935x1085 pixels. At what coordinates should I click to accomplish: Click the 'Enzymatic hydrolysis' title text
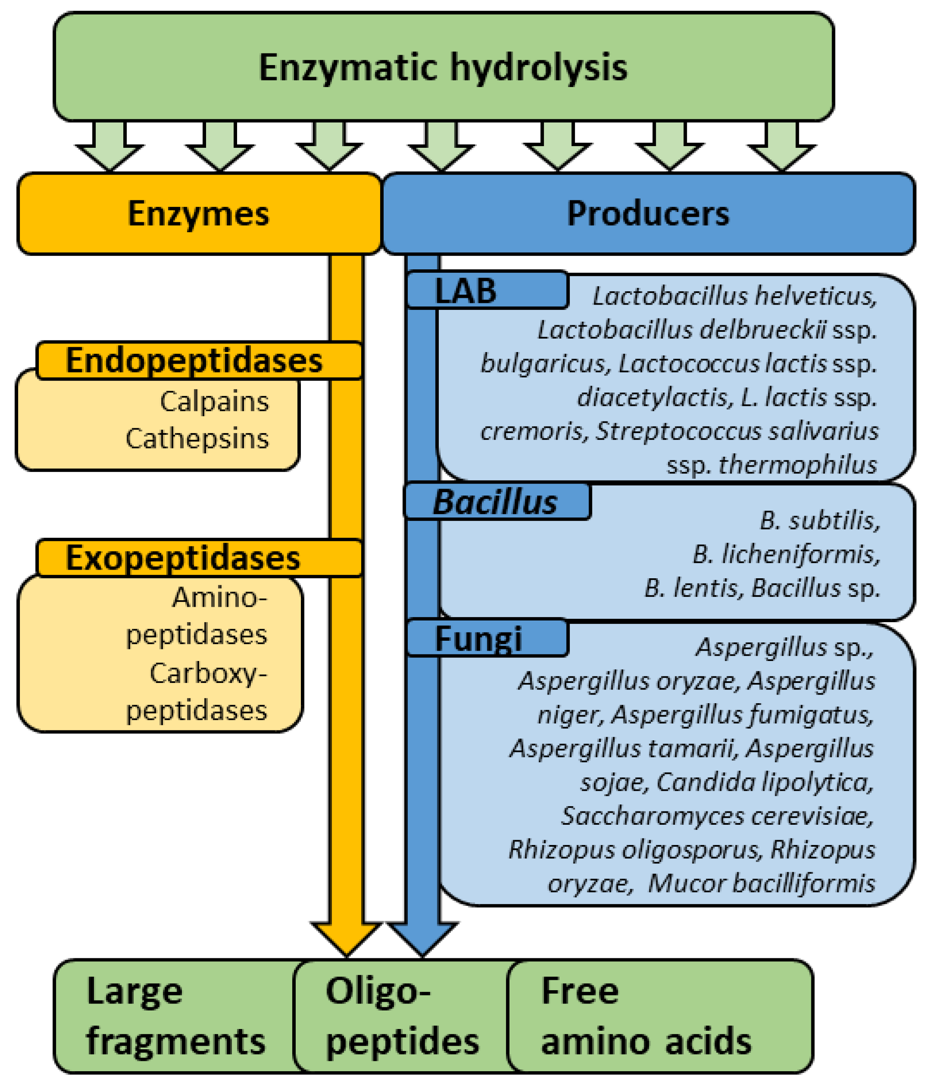443,68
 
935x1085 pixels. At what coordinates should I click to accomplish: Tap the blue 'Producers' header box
648,214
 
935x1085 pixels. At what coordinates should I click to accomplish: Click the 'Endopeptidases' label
194,360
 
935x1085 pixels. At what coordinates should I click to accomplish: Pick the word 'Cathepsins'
197,438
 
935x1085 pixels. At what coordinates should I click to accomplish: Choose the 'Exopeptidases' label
183,557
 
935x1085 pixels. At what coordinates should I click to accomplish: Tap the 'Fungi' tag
478,638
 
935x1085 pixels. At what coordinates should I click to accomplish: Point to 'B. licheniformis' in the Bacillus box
786,554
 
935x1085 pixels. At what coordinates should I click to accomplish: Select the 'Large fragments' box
175,1016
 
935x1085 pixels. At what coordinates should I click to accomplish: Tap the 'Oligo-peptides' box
402,1016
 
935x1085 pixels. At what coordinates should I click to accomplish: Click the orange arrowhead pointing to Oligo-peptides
346,937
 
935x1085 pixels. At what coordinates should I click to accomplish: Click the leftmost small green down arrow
109,149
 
